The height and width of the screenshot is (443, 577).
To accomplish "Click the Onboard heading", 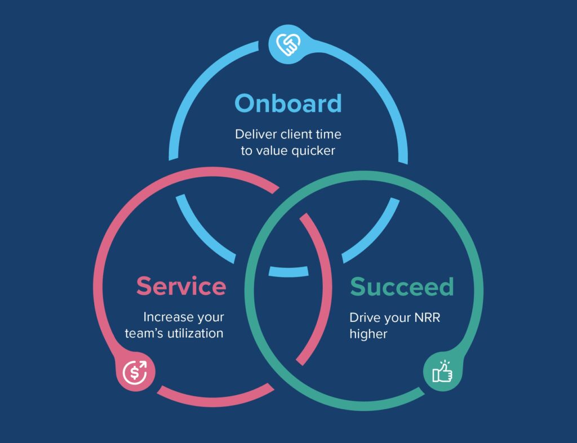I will [288, 104].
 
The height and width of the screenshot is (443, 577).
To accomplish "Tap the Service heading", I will [181, 286].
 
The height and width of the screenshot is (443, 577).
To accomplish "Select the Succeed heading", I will [402, 287].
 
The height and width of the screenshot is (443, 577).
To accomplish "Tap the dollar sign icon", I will [135, 372].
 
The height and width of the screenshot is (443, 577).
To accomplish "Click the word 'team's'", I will [143, 333].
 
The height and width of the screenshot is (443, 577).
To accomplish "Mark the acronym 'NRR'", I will [427, 317].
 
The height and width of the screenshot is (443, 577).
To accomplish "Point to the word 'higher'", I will [369, 334].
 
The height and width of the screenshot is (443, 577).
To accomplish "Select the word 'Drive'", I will [365, 317].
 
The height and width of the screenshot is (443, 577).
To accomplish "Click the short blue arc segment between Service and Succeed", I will [288, 271].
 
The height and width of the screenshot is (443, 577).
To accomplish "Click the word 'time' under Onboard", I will [329, 135].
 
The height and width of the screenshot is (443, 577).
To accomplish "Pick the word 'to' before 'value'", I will [246, 151].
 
